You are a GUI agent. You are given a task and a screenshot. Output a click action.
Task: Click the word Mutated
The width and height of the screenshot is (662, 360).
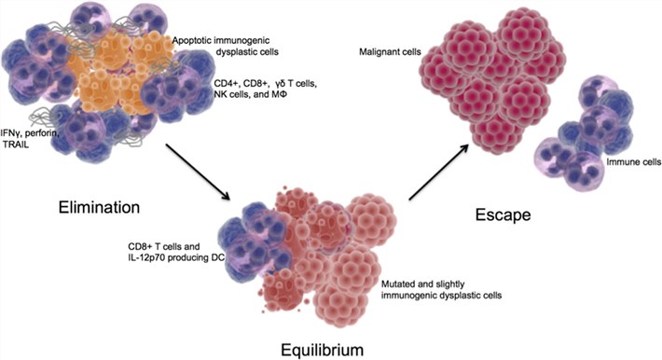[x=401, y=280]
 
